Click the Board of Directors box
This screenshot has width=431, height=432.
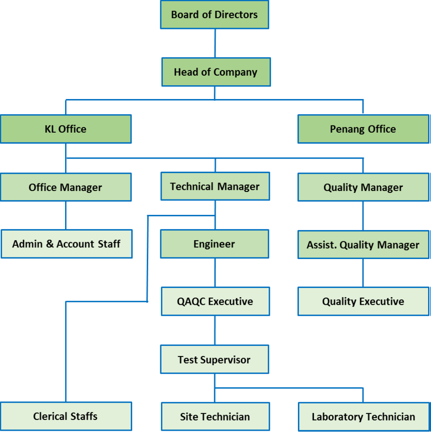(214, 15)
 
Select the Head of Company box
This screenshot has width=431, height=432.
(216, 72)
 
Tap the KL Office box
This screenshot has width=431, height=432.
(66, 129)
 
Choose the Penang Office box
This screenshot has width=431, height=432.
(363, 129)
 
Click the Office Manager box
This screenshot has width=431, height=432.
(66, 187)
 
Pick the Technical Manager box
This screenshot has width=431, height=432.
(215, 186)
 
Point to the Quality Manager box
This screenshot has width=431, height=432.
(363, 187)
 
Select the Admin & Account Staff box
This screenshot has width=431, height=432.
(67, 244)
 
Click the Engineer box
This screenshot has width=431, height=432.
(214, 244)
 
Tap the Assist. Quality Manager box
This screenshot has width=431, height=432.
(363, 245)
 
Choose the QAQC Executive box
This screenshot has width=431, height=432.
(215, 301)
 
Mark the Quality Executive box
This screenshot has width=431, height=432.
(363, 301)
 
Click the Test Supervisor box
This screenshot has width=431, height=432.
(214, 359)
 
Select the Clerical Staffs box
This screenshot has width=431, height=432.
(66, 416)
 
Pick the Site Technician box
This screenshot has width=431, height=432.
(215, 416)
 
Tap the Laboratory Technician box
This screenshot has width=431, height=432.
(364, 416)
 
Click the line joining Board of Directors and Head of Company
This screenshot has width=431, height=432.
(215, 43)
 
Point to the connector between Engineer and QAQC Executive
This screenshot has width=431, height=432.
(215, 273)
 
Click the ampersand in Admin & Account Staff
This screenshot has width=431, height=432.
(50, 244)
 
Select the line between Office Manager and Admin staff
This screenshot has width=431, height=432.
(66, 215)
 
